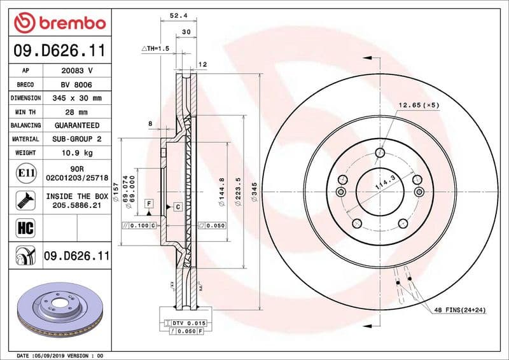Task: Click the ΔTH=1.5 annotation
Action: point(155,48)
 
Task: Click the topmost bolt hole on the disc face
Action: point(380,153)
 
